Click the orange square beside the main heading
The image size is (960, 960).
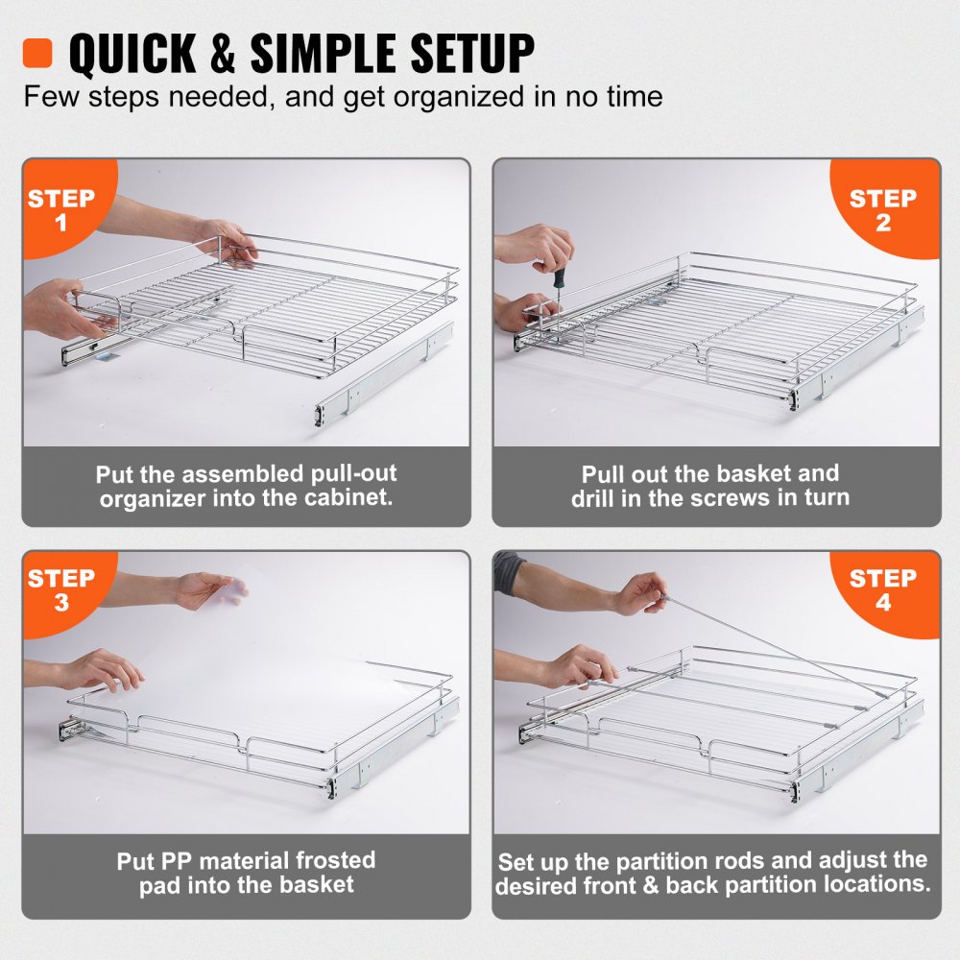pos(36,53)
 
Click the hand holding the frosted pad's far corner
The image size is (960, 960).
pos(205,588)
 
